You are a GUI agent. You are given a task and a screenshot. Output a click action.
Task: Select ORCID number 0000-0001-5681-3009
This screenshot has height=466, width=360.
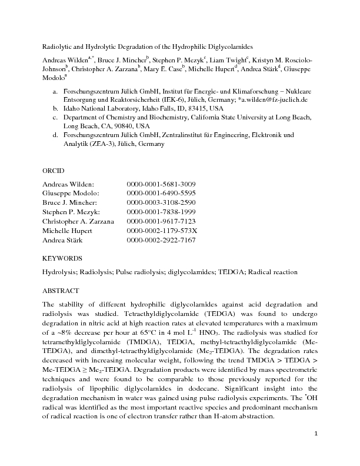(161, 184)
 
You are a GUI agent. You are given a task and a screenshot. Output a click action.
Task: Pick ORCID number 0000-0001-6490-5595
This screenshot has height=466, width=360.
(161, 194)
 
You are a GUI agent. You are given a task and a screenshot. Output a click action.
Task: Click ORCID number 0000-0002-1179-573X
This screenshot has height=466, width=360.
(162, 231)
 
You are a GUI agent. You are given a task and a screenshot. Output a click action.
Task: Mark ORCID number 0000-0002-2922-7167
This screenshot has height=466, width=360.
(161, 240)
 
